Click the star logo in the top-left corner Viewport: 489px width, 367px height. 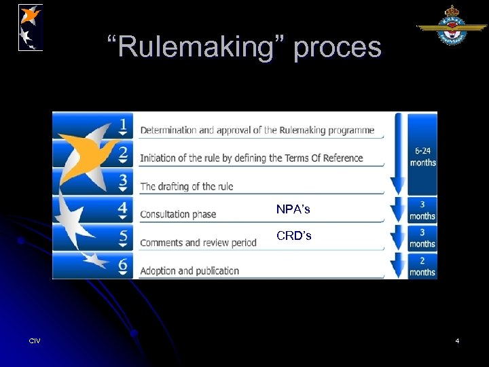[31, 27]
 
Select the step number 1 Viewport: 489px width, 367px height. [123, 126]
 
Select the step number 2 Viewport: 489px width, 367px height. [123, 154]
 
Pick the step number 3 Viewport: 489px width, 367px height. [123, 182]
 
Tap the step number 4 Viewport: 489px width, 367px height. [123, 210]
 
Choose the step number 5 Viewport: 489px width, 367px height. [123, 238]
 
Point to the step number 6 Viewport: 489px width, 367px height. [123, 266]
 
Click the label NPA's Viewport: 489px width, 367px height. [293, 209]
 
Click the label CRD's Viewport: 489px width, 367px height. [293, 236]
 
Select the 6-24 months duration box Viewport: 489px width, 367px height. [422, 157]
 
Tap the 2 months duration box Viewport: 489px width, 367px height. [422, 266]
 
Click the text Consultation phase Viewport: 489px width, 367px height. [178, 214]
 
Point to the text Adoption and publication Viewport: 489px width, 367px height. [189, 270]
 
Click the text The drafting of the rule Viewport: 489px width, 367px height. [186, 186]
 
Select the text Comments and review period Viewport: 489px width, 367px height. [198, 243]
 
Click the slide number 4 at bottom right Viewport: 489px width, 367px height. [457, 340]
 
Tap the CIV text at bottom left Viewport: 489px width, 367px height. [35, 340]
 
